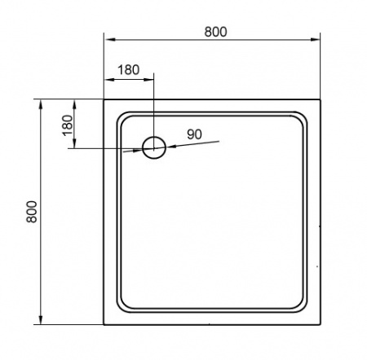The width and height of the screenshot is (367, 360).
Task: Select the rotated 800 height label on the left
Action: click(32, 213)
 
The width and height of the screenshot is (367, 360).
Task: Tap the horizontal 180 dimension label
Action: click(129, 69)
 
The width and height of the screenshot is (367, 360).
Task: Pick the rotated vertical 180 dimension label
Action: click(68, 125)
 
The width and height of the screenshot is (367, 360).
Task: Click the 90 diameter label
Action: click(195, 134)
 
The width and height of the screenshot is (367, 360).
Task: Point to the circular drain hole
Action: click(154, 147)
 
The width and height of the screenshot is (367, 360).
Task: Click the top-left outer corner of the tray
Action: click(105, 99)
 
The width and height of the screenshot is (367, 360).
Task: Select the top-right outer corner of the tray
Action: click(319, 99)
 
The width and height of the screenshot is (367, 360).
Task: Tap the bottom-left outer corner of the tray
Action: click(105, 325)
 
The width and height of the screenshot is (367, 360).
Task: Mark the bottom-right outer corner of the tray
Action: click(319, 325)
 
